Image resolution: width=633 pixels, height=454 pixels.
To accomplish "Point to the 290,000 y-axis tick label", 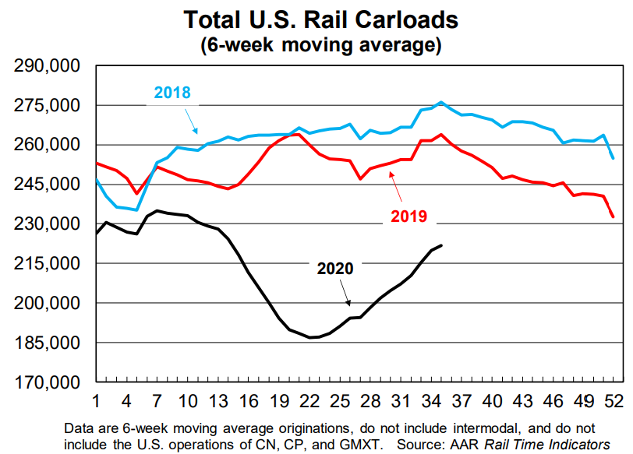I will (48, 66).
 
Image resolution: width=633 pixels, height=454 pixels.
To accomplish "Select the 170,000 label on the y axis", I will (48, 382).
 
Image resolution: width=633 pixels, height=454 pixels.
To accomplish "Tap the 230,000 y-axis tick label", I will (48, 224).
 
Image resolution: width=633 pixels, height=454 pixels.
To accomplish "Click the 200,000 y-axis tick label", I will (48, 303).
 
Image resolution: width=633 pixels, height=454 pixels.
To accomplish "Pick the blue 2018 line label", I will (172, 93).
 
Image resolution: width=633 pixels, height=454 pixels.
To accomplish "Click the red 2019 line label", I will (408, 216).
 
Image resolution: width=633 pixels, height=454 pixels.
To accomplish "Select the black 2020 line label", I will (335, 269).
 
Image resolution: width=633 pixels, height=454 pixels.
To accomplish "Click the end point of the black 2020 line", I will (442, 245).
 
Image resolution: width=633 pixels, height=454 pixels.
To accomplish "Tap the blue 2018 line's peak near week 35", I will (442, 102).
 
